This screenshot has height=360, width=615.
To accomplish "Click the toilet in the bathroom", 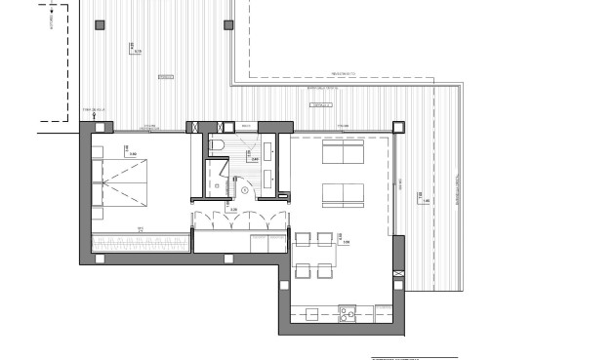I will point(218,145).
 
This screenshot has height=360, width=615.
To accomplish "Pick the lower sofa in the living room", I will point(343,193).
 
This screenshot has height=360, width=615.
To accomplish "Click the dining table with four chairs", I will point(314,254).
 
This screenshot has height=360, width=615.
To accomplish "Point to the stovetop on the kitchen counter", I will point(346,313).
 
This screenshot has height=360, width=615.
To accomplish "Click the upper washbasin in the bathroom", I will point(268,150).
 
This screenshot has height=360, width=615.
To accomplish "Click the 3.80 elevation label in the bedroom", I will point(132,152).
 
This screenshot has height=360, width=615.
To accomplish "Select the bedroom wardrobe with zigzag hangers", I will point(140,241).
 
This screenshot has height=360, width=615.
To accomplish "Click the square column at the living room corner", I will point(398,126).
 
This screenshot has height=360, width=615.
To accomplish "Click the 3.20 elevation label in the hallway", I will point(232,208).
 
